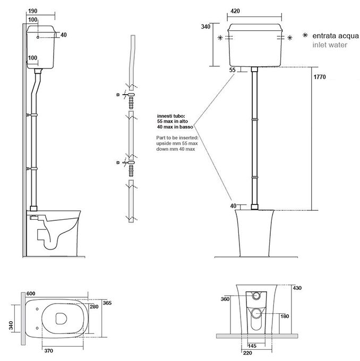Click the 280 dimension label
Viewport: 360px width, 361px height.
pos(95,306)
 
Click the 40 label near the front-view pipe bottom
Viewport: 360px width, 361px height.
pos(233,205)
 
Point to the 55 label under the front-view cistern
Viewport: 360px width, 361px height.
pos(232,70)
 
